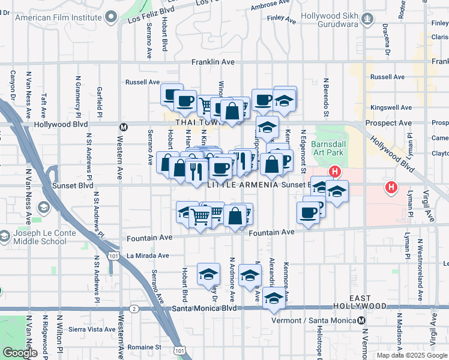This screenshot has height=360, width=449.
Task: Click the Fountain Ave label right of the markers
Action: (x=271, y=232)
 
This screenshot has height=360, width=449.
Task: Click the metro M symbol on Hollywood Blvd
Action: (x=124, y=127)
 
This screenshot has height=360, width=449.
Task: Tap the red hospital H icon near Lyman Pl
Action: (x=391, y=188)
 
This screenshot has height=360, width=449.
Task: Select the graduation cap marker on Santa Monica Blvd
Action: (x=274, y=298)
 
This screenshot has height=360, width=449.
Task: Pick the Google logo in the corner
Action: (x=20, y=353)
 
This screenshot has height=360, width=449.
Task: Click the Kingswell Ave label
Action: (x=390, y=108)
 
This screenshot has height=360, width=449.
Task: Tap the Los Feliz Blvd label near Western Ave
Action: (x=149, y=16)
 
